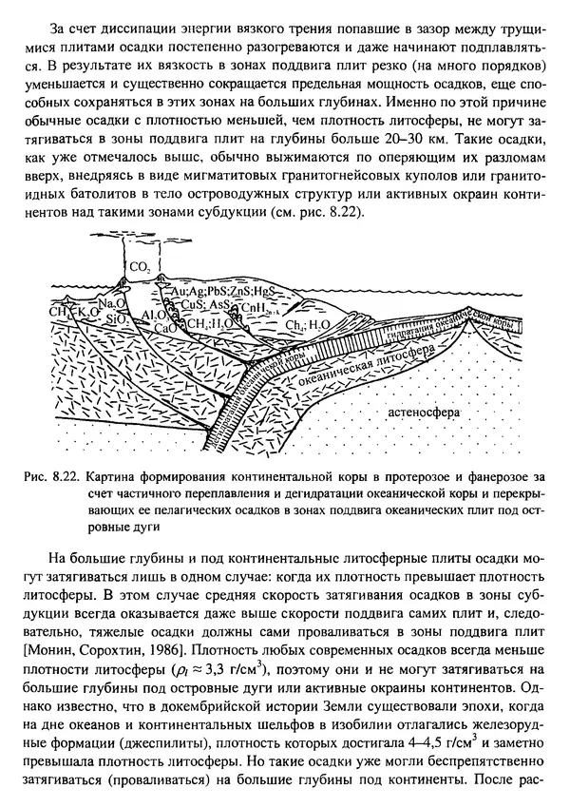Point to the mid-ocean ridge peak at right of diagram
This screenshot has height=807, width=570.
pyautogui.click(x=505, y=305)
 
